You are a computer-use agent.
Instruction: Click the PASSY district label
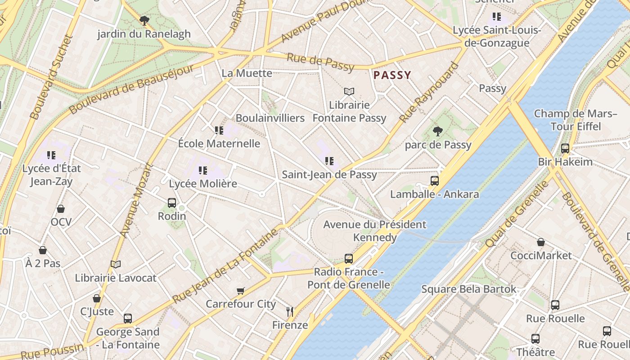(392, 75)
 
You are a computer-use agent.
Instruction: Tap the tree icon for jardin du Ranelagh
(144, 20)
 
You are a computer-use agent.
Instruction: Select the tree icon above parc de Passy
(437, 131)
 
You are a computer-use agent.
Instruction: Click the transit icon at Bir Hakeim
(565, 148)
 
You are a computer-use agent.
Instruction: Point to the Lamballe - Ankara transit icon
(434, 181)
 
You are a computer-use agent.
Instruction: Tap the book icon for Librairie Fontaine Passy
(349, 92)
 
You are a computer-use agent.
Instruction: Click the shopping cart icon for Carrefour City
(241, 291)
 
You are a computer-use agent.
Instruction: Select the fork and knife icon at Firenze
(290, 311)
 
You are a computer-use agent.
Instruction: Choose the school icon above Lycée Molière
(203, 171)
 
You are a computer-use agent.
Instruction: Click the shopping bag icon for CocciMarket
(541, 243)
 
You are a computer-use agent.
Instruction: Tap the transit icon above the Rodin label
(172, 203)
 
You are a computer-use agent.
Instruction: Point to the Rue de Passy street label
(320, 62)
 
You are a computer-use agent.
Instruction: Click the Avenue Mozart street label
(137, 200)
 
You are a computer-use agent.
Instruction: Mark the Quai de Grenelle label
(517, 214)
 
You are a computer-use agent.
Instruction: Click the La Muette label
(247, 73)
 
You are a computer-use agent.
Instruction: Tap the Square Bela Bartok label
(468, 289)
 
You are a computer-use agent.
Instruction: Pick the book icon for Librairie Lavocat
(116, 265)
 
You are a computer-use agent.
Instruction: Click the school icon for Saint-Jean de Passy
(329, 161)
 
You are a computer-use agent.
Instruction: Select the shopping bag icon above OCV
(61, 209)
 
